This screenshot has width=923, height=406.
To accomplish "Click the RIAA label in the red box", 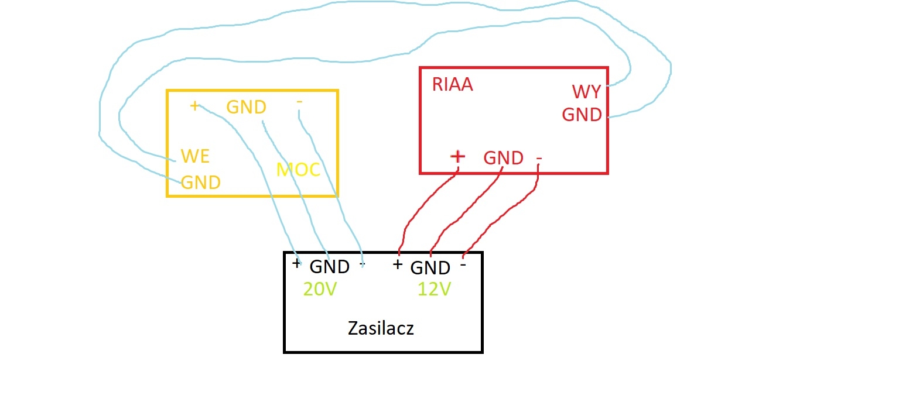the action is coord(453,84).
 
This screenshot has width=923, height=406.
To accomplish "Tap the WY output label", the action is coord(587,92).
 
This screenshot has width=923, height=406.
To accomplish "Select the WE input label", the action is coord(195,156).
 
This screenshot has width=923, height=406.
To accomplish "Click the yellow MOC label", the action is coord(298,170).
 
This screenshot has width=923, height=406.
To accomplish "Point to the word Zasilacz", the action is coord(381,328).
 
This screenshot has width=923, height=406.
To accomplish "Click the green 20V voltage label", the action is coord(320,289).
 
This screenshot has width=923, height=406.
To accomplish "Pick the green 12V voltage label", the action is coord(435,289).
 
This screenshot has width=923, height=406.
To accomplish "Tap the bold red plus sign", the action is coord(457,156).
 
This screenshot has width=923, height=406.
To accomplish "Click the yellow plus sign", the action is coord(194,106).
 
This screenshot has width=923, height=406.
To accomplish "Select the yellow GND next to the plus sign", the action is coord(247,107).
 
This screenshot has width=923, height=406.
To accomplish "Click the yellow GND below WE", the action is coord(201,183).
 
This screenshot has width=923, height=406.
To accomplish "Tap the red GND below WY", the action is coord(582,115).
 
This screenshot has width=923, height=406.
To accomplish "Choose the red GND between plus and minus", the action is coord(503,158).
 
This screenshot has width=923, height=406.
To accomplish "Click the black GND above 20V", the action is coord(330,267).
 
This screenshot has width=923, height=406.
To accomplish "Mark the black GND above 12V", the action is coord(430,268).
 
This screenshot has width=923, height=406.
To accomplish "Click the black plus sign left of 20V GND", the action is coord(296,263).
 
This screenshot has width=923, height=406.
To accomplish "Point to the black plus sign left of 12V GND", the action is coord(397,264).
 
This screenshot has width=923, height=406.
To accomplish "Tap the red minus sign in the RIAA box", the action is coord(539,159).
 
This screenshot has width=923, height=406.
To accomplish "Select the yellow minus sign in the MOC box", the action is coord(299,102).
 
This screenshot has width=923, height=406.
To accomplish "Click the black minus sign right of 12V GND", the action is coord(463,265).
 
